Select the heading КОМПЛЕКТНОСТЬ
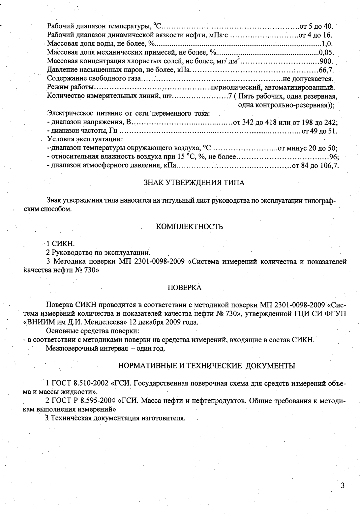click(189, 227)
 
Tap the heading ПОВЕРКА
click(185, 288)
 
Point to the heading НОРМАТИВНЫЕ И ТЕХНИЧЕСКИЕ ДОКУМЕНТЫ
click(206, 366)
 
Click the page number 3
click(343, 485)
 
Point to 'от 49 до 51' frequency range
click(318, 131)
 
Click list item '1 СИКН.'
click(60, 244)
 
